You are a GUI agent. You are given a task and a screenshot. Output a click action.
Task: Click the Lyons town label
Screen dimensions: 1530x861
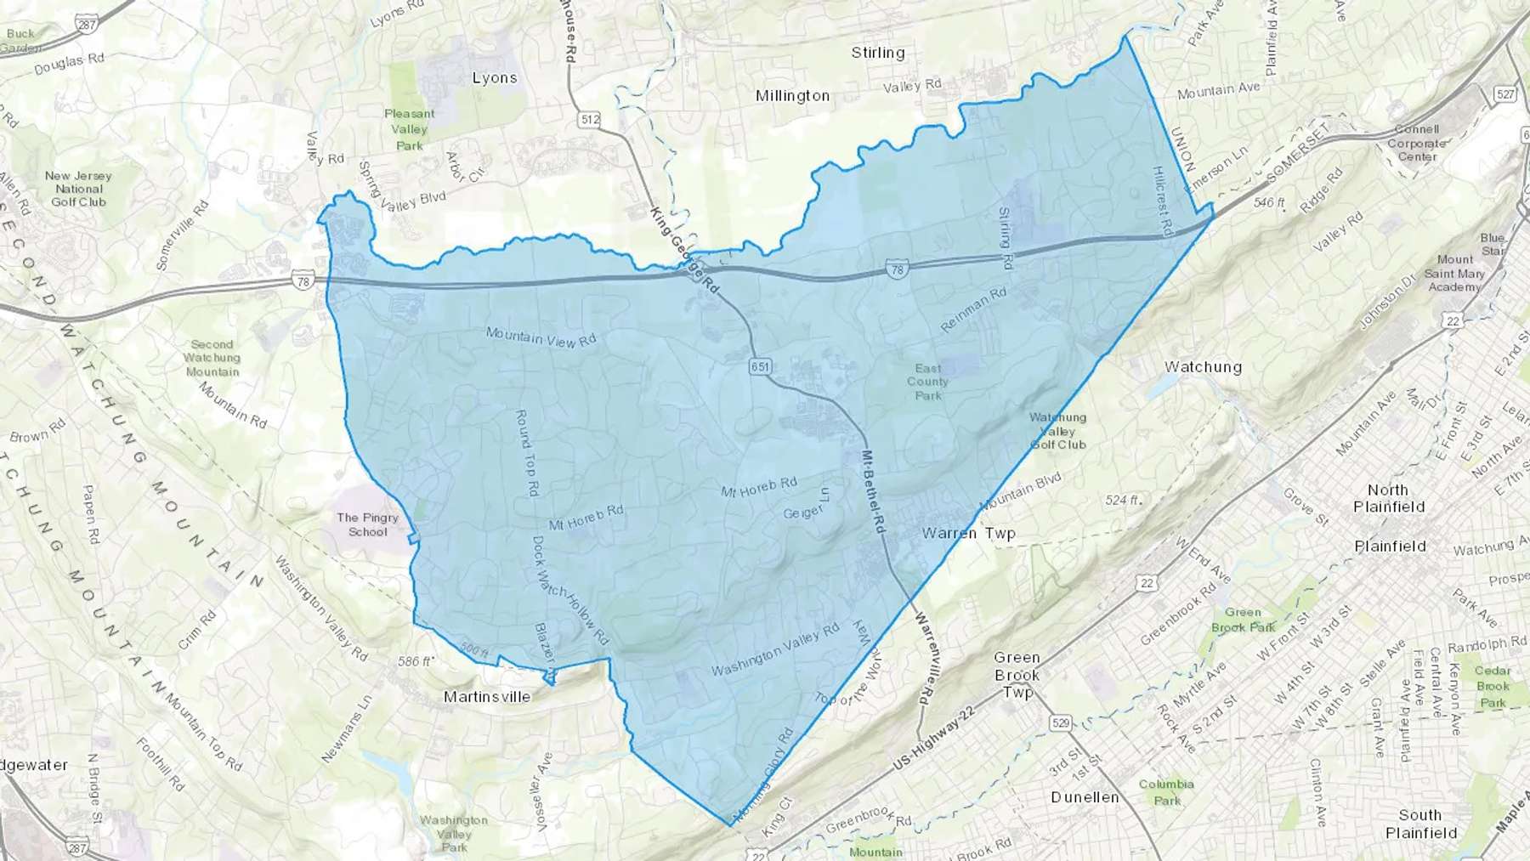pos(494,78)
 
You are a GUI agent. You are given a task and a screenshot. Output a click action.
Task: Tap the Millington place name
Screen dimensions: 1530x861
pos(792,96)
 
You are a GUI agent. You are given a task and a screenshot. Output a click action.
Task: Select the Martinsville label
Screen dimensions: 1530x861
pos(487,697)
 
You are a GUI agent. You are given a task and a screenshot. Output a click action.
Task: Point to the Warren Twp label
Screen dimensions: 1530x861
pos(968,534)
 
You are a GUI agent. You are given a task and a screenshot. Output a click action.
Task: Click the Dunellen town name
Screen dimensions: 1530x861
pos(1085,797)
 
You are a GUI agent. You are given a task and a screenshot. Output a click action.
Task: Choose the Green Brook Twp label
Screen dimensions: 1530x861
pos(1017,675)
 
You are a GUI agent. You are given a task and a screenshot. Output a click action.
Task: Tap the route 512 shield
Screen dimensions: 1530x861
pos(590,120)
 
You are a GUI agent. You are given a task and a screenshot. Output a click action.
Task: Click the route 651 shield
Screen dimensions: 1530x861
pos(760,366)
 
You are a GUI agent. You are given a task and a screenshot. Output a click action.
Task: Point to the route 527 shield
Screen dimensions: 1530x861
pos(1505,94)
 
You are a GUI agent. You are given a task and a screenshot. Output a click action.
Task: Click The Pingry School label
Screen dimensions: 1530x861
pos(367,524)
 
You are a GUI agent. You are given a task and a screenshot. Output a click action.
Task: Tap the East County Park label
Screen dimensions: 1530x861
pos(927,382)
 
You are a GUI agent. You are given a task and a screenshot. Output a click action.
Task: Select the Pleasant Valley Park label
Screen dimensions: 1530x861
pos(409,129)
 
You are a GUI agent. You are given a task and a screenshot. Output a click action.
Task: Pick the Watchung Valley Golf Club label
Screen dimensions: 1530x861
pos(1057,431)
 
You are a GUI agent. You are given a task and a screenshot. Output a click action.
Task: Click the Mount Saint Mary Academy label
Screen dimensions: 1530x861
pos(1454,273)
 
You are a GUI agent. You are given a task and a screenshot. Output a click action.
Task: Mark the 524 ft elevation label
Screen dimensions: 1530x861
pos(1122,500)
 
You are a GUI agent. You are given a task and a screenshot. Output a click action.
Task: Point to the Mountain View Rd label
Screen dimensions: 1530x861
pos(541,337)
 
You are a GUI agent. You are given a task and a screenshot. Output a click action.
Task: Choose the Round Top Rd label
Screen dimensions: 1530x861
pos(527,453)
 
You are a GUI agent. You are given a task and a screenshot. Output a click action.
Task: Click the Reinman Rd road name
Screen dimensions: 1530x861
pos(974,309)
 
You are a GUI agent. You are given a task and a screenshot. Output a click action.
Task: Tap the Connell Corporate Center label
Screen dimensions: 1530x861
pos(1417,143)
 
